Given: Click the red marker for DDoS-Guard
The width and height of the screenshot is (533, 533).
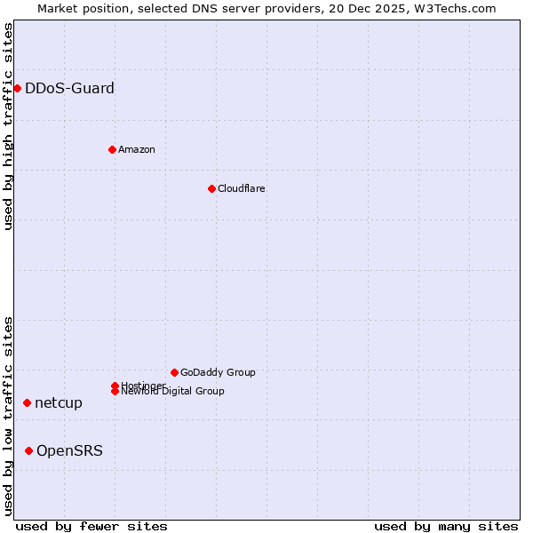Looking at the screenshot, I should pos(17,88).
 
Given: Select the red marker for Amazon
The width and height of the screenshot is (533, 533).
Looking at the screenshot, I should pos(112,149).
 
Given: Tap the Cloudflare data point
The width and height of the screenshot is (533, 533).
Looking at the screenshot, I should pos(211,188).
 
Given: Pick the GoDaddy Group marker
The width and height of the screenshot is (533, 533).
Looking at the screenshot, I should pos(174,372).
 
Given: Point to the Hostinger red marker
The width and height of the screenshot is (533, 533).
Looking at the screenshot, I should pos(115,386).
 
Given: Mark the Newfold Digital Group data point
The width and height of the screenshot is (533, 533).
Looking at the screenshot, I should pos(115,391).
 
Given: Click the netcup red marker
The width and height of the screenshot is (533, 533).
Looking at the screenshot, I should pos(27,402).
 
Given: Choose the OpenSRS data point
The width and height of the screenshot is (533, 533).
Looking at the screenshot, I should pos(28,450).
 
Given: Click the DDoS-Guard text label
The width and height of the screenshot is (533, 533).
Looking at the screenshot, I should pos(69,88).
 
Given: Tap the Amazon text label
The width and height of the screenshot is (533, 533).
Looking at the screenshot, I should pos(137,149).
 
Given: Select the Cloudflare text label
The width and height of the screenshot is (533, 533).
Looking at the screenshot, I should pos(241,188).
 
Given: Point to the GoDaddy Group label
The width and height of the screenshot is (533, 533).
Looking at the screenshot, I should pos(218,372).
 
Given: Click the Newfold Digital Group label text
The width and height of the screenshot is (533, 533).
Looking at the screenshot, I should pos(172,392).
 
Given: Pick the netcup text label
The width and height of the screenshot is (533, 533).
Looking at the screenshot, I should pos(59,402).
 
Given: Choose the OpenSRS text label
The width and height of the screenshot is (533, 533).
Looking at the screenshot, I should pos(69,450).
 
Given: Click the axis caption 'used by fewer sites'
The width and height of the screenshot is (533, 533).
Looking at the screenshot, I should pos(91,526).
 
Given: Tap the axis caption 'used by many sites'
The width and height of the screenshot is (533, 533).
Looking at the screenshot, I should pos(446,526).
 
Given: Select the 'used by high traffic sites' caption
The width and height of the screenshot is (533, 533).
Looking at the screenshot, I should pos(8,126).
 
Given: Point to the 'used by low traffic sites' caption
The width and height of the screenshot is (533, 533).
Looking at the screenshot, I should pos(8,416).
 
